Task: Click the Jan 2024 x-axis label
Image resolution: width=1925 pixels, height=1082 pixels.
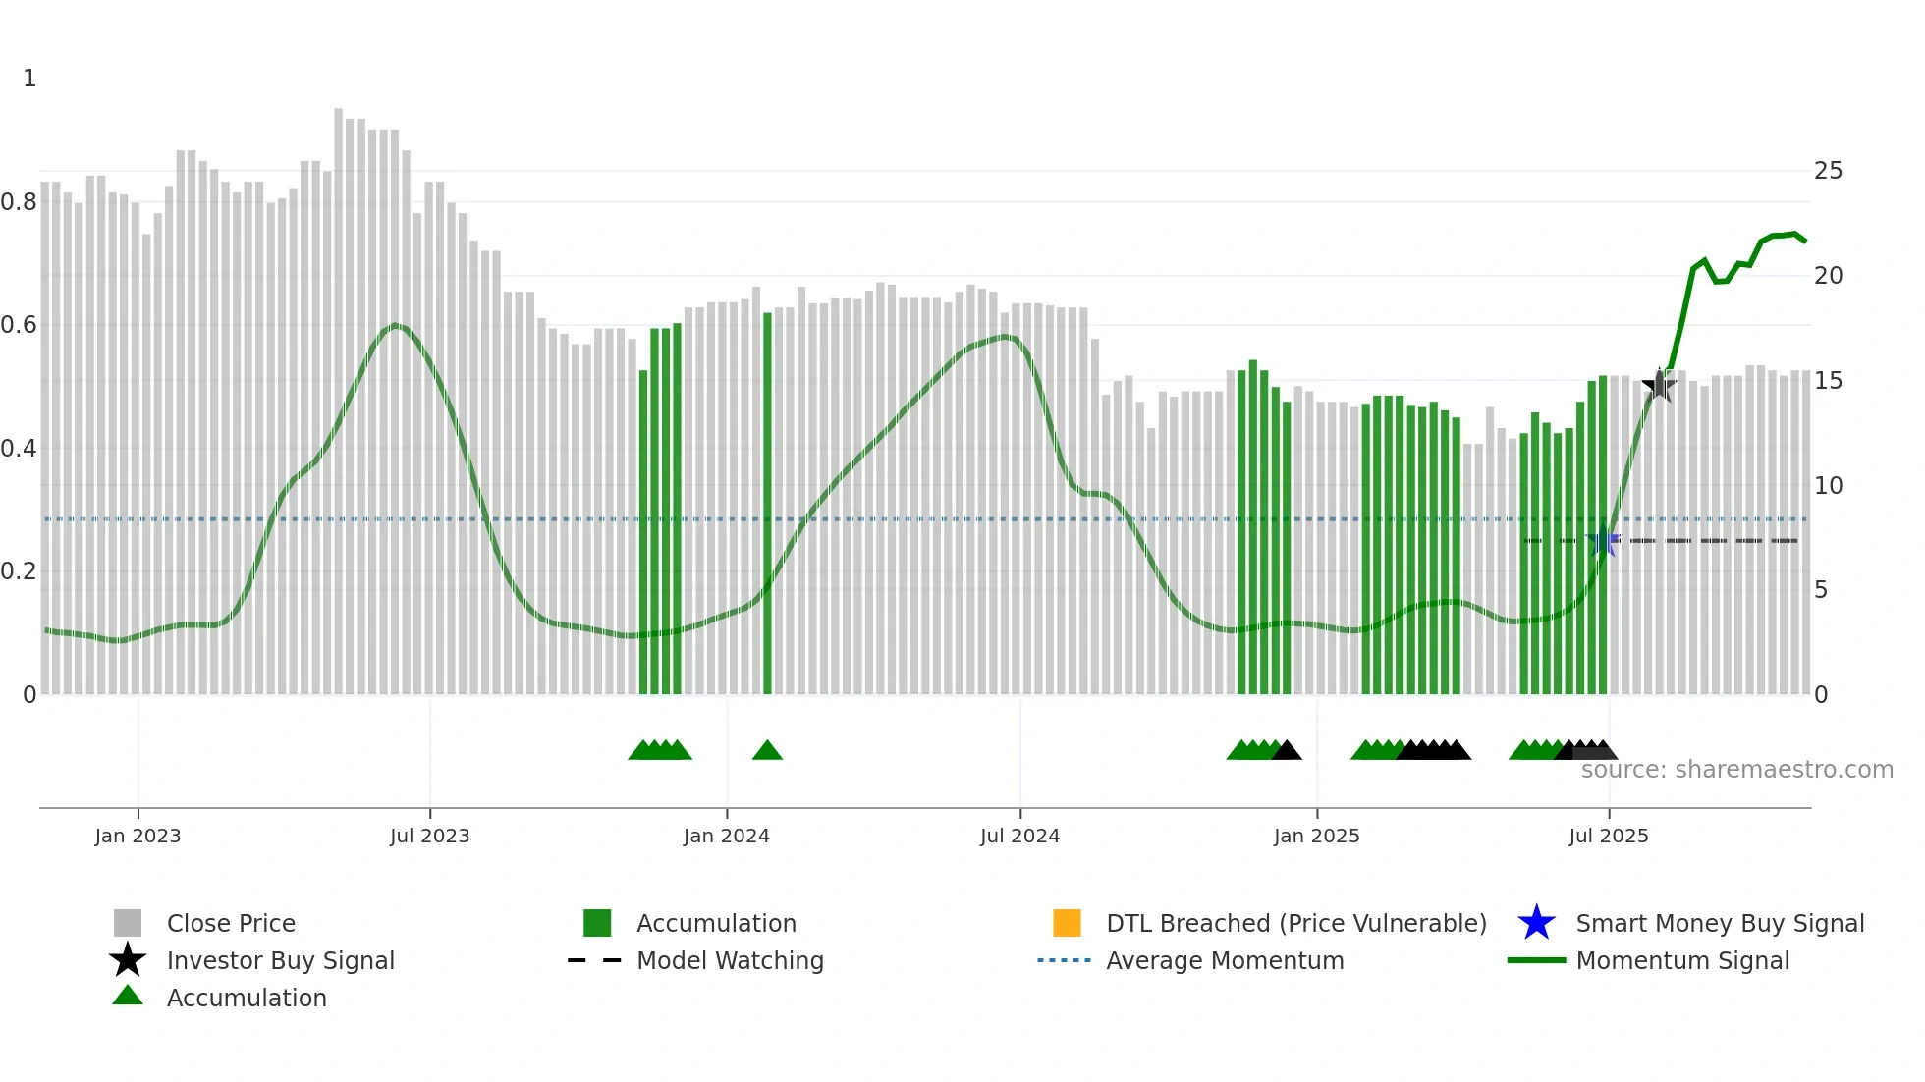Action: tap(726, 836)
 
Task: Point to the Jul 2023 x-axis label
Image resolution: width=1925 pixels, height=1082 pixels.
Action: tap(429, 836)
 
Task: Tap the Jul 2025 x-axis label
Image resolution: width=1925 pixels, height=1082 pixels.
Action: tap(1608, 836)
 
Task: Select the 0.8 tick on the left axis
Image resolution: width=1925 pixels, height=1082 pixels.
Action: tap(19, 202)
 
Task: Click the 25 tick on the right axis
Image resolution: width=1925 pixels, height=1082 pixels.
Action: tap(1828, 171)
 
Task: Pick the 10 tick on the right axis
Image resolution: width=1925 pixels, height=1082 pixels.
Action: tap(1828, 486)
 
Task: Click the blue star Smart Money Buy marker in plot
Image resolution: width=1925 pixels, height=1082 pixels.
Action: tap(1603, 541)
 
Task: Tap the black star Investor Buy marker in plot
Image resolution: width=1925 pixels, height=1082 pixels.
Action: tap(1659, 385)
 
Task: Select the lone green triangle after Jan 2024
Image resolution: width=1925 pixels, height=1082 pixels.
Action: tap(767, 751)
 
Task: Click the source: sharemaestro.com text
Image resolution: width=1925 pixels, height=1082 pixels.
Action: tap(1736, 770)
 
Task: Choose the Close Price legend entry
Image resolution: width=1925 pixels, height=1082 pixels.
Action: tap(231, 923)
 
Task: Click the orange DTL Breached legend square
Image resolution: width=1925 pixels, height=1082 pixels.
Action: tap(1067, 923)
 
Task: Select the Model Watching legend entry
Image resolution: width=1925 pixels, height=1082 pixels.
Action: tap(729, 960)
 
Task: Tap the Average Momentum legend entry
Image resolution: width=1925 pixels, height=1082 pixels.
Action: tap(1224, 960)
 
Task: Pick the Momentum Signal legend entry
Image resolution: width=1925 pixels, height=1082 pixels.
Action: tap(1681, 960)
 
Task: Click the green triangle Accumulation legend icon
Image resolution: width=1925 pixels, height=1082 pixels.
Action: tap(128, 996)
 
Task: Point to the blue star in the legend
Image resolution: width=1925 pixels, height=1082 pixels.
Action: tap(1536, 923)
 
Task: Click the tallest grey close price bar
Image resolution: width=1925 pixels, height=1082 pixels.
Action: tap(339, 393)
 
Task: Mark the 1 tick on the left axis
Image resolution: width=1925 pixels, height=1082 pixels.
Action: tap(29, 79)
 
